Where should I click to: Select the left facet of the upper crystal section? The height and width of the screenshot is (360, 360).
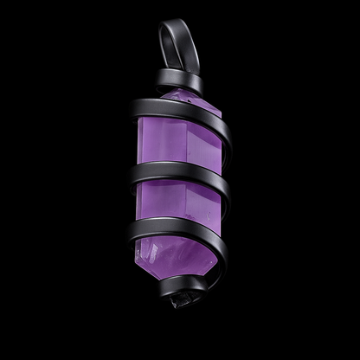[160, 143]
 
